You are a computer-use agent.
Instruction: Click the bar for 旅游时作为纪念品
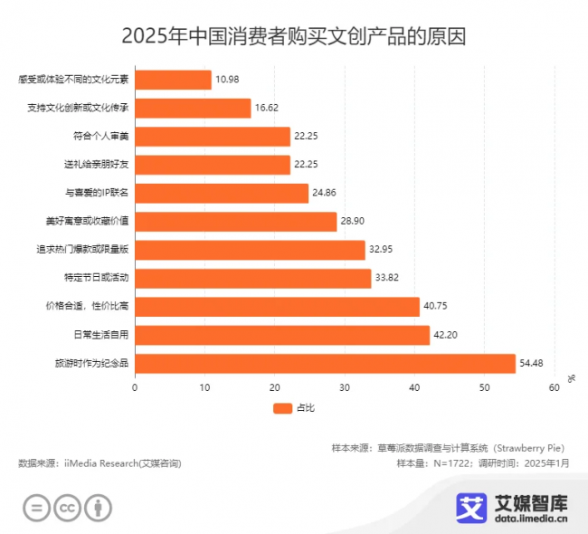325,364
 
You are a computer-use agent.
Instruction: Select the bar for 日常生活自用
282,335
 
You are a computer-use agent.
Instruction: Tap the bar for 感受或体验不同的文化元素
173,80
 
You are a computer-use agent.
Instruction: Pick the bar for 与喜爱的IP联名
222,193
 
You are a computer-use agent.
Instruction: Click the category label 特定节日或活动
96,279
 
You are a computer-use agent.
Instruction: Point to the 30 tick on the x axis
345,388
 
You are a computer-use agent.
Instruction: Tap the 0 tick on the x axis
135,388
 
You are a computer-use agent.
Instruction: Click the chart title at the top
294,37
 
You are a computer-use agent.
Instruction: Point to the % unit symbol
572,377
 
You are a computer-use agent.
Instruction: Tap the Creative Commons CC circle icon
67,508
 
